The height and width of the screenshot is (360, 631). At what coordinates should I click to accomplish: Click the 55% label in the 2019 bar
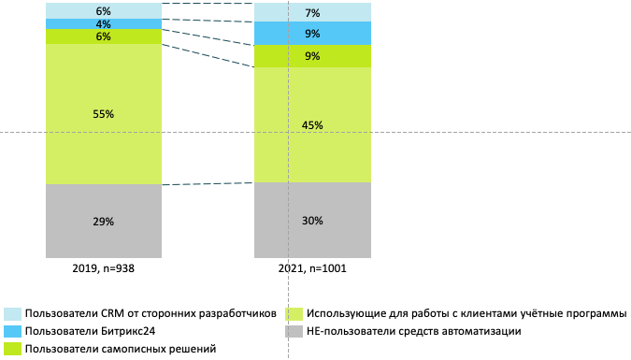[x=103, y=114]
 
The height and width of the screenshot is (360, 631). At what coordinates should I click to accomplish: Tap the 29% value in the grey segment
[x=103, y=222]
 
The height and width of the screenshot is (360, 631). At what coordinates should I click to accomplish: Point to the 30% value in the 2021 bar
[x=312, y=221]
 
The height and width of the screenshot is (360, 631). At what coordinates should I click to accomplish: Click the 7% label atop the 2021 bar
[x=312, y=13]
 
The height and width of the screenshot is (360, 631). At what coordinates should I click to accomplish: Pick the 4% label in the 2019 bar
[x=103, y=23]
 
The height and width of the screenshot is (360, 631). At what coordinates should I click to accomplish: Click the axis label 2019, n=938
[x=103, y=268]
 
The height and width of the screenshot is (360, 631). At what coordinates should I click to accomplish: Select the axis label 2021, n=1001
[x=312, y=268]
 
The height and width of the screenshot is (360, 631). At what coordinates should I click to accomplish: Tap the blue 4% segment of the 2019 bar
[x=75, y=23]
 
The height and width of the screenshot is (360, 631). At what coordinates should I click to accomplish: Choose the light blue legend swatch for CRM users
[x=12, y=313]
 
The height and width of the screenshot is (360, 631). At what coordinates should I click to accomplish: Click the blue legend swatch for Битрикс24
[x=12, y=331]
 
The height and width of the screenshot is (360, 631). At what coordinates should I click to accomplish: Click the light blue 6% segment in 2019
[x=75, y=9]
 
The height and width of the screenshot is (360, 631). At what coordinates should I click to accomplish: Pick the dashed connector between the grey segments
[x=208, y=183]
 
